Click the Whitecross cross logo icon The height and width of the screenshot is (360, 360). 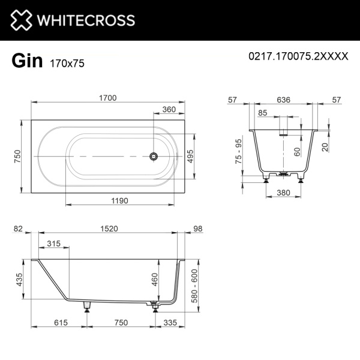19,20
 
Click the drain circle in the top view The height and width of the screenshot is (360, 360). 154,157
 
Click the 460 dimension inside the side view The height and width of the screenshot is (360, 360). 154,279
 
